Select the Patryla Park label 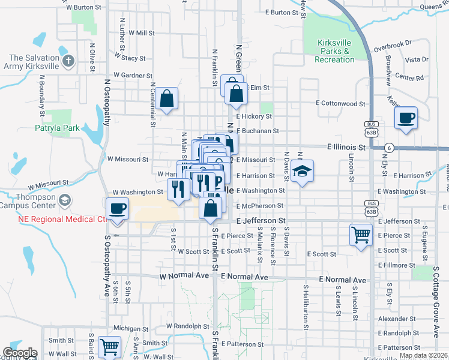click(x=57, y=128)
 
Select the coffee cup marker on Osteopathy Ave click(x=117, y=209)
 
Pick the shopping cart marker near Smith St click(x=110, y=346)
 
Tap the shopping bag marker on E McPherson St click(x=210, y=209)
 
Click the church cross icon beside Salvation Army click(x=68, y=61)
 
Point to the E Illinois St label click(x=346, y=147)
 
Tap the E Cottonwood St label click(x=341, y=103)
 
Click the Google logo click(x=20, y=353)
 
